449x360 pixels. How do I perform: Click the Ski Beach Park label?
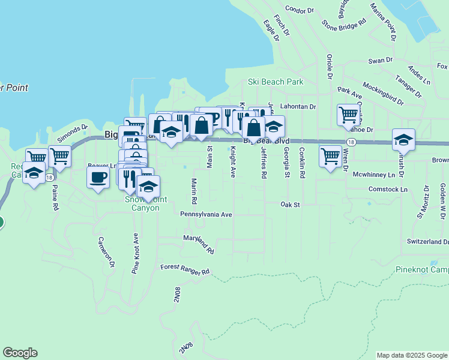point(276,82)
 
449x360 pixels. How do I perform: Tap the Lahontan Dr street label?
point(298,106)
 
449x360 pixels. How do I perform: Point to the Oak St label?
point(290,205)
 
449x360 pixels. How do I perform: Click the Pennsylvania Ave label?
point(206,214)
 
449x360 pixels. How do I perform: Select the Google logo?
point(20,353)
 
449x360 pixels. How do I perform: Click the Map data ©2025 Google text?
point(411,355)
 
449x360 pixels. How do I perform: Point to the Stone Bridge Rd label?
point(343,25)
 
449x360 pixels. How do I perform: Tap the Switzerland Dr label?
point(427,242)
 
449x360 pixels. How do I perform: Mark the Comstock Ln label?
point(388,190)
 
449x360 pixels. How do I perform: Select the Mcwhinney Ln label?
point(374,175)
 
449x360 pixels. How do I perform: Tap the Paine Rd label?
point(55,197)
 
